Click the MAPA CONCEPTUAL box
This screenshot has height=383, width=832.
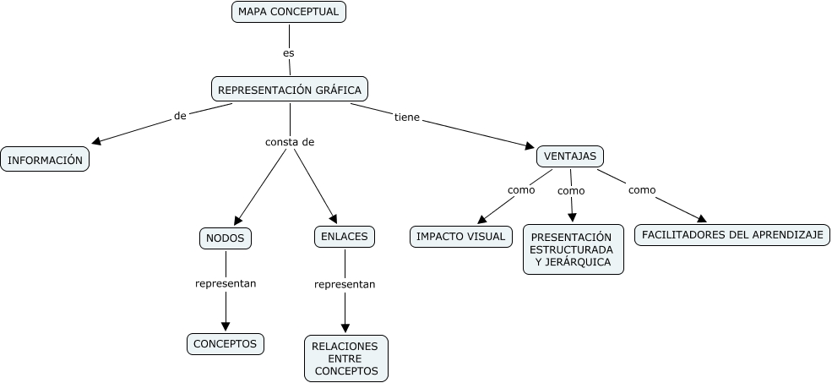(x=289, y=12)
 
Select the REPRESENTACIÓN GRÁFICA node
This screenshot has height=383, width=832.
(x=290, y=90)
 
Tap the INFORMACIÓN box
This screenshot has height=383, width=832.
(x=45, y=159)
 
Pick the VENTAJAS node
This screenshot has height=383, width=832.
(x=570, y=156)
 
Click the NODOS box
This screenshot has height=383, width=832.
(x=226, y=238)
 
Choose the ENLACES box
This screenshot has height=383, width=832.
(x=345, y=237)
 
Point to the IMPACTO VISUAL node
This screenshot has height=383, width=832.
(x=461, y=237)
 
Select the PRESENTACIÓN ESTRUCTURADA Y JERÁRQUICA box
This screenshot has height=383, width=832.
(x=573, y=249)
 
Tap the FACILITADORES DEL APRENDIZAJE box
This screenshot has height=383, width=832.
(x=732, y=234)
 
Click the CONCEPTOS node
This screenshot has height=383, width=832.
(x=226, y=343)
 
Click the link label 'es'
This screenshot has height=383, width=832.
(x=289, y=52)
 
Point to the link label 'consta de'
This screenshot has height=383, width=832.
(x=290, y=142)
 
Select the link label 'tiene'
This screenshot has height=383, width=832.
(x=407, y=117)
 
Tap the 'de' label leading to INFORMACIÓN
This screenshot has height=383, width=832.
(x=180, y=116)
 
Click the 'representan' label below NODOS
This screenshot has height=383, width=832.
(x=226, y=283)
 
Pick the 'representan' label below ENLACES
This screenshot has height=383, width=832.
(x=345, y=284)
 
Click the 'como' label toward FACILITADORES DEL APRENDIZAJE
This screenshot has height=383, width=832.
(x=642, y=189)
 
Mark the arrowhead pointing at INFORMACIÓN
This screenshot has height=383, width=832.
(x=95, y=141)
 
